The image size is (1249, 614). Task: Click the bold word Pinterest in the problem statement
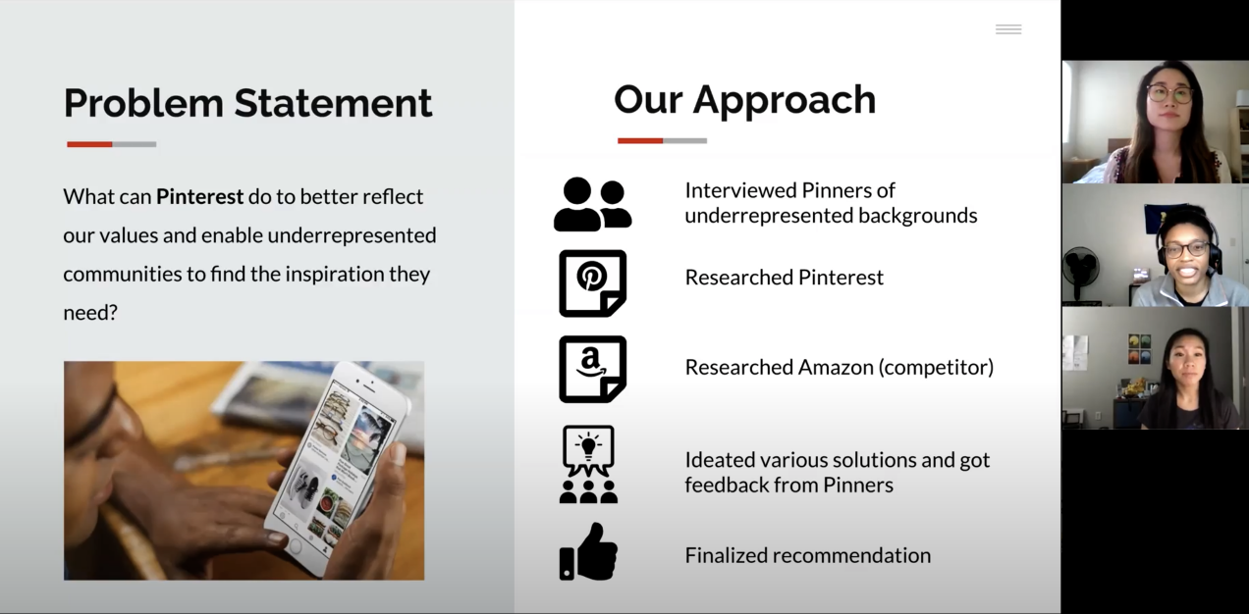pyautogui.click(x=199, y=197)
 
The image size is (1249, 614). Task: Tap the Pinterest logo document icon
pyautogui.click(x=592, y=283)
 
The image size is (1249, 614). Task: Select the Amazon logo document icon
pyautogui.click(x=592, y=370)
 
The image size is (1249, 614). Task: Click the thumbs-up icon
pyautogui.click(x=589, y=552)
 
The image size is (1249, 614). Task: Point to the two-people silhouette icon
pyautogui.click(x=592, y=204)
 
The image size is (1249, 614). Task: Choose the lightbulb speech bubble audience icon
pyautogui.click(x=588, y=464)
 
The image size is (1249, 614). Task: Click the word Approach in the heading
pyautogui.click(x=784, y=100)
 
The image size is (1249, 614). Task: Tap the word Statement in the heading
pyautogui.click(x=333, y=103)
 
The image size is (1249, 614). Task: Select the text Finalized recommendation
pyautogui.click(x=808, y=555)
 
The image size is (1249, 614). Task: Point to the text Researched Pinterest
pyautogui.click(x=784, y=278)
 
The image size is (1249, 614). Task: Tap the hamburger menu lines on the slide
pyautogui.click(x=1008, y=29)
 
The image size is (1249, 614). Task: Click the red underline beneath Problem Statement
pyautogui.click(x=89, y=144)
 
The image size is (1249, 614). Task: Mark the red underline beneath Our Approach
pyautogui.click(x=640, y=141)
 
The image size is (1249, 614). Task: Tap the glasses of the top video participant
pyautogui.click(x=1169, y=93)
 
